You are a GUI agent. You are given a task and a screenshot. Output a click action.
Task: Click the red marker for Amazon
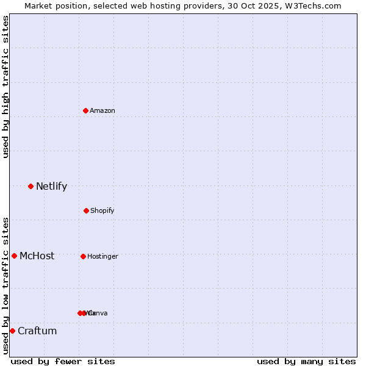pyautogui.click(x=85, y=110)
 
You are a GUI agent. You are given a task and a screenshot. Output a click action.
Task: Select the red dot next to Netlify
pyautogui.click(x=30, y=186)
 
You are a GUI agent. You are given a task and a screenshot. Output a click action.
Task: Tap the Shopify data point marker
pyautogui.click(x=86, y=210)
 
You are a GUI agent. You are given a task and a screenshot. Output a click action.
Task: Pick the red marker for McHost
pyautogui.click(x=14, y=256)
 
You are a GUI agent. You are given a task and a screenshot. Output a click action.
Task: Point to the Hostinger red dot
pyautogui.click(x=83, y=256)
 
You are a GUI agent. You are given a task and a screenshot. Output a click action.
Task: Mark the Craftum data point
pyautogui.click(x=12, y=331)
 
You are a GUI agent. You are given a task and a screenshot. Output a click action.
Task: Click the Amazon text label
pyautogui.click(x=102, y=110)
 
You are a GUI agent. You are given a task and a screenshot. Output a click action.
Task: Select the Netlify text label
pyautogui.click(x=51, y=187)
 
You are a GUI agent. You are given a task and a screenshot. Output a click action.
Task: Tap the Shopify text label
pyautogui.click(x=102, y=210)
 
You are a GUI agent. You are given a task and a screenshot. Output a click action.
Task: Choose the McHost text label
pyautogui.click(x=37, y=256)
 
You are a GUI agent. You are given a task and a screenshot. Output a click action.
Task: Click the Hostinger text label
pyautogui.click(x=102, y=256)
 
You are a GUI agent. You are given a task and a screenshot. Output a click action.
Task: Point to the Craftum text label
pyautogui.click(x=37, y=331)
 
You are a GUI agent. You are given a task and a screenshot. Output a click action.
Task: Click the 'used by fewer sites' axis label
pyautogui.click(x=63, y=361)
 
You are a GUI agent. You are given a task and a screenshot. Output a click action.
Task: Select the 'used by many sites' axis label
pyautogui.click(x=306, y=361)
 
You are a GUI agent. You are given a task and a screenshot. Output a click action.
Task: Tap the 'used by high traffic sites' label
pyautogui.click(x=5, y=87)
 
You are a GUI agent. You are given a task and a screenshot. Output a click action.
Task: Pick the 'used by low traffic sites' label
pyautogui.click(x=5, y=285)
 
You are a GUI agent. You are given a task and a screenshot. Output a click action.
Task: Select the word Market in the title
pyautogui.click(x=39, y=5)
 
